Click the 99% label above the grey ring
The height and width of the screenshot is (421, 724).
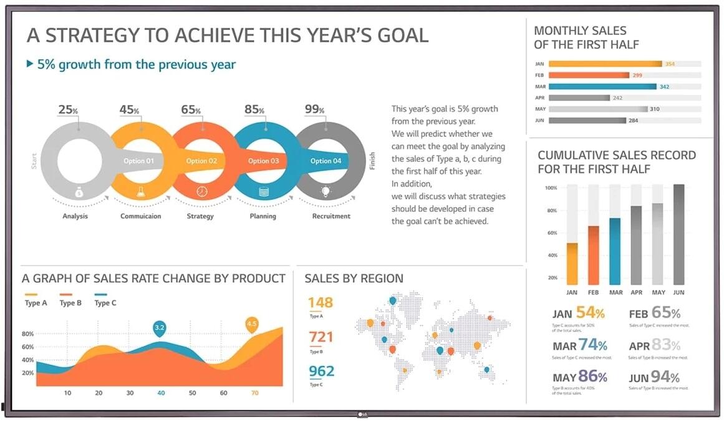coord(314,110)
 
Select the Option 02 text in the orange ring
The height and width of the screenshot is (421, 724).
coord(201,161)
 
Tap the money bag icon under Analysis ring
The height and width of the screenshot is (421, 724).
coord(79,192)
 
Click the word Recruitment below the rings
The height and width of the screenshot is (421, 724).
coord(331,216)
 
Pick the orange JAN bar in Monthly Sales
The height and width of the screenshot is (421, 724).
coord(606,64)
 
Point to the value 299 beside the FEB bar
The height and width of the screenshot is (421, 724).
coord(637,75)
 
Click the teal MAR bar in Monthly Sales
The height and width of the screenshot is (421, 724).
coord(602,87)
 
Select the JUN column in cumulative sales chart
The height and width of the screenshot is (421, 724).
coord(678,234)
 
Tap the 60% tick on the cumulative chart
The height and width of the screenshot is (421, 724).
coord(551,233)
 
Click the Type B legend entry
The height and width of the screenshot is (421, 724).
coord(70,303)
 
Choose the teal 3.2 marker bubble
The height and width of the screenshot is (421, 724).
coord(159,328)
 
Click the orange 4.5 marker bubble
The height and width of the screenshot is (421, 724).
coord(252,324)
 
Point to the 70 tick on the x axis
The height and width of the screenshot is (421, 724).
coord(254,394)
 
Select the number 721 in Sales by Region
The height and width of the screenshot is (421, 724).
coord(321,337)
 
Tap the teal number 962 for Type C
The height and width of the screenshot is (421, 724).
coord(322,372)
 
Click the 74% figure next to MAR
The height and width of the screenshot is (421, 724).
coord(592,345)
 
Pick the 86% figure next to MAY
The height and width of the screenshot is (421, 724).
coord(592,377)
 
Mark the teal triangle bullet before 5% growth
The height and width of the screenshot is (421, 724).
coord(30,64)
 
